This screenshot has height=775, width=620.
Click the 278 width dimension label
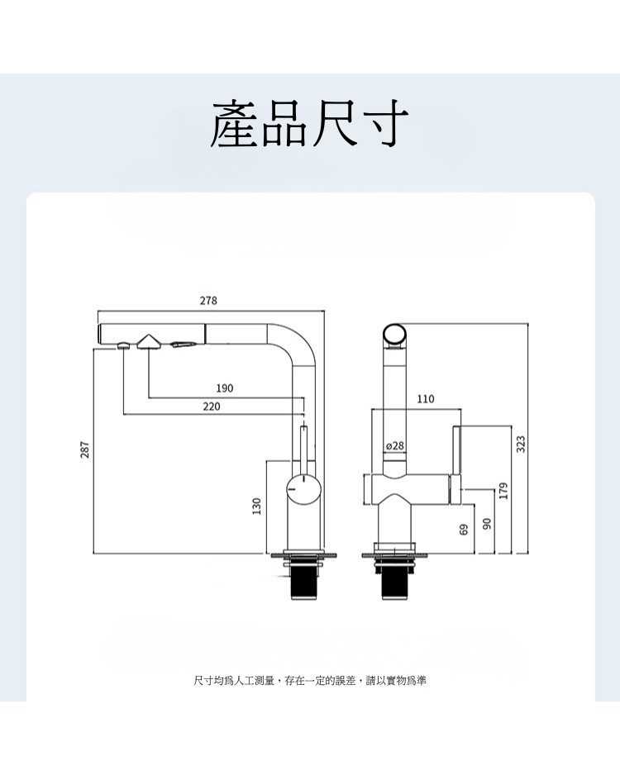(208, 301)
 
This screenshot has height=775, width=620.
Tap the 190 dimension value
(224, 387)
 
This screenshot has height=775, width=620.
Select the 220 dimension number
(212, 406)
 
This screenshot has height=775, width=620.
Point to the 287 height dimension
(84, 449)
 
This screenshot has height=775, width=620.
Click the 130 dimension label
(257, 505)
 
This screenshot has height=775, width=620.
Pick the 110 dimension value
(425, 399)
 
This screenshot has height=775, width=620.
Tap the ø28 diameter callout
(395, 446)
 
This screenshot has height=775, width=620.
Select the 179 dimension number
(503, 489)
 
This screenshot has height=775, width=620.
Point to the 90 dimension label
(487, 524)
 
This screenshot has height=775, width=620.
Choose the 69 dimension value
(465, 527)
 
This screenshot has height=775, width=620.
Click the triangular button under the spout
(149, 341)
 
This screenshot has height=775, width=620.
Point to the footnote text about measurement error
(310, 681)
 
